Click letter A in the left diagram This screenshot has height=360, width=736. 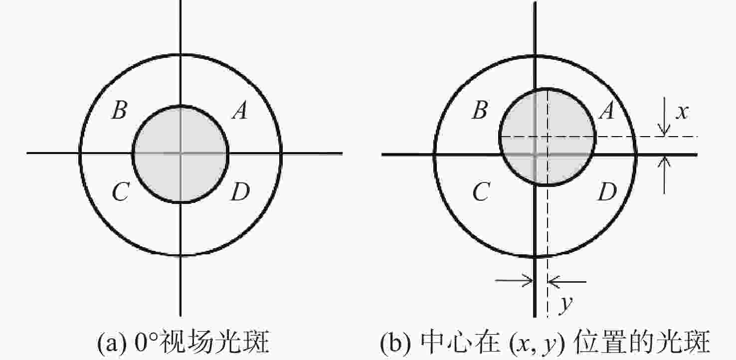[240, 110]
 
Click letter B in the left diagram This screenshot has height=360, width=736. [119, 110]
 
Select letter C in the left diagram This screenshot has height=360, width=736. [121, 191]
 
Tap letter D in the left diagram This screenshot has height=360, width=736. [240, 191]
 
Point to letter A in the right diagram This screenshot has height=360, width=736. [606, 110]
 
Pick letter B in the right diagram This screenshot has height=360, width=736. [480, 110]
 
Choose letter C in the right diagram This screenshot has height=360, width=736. [482, 191]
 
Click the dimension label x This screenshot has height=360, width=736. [682, 112]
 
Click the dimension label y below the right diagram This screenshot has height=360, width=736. [566, 304]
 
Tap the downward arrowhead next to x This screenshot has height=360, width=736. [664, 131]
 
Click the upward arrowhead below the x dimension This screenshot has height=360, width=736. [664, 162]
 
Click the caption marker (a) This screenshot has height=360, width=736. [112, 343]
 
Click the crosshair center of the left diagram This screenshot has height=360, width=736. [181, 153]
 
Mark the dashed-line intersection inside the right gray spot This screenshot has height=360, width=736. [547, 136]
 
